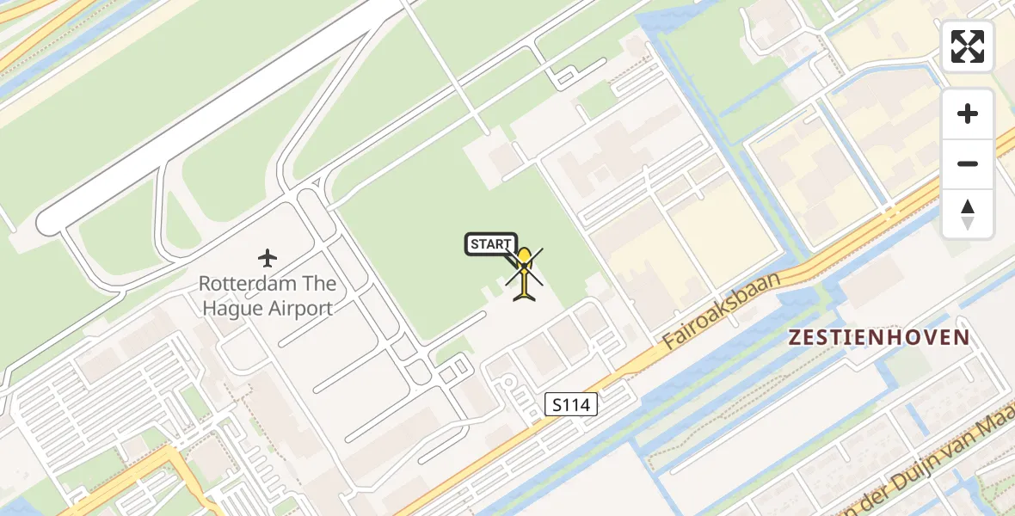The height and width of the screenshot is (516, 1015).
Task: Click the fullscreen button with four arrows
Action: [968, 46]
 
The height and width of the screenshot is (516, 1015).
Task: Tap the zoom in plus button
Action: [968, 114]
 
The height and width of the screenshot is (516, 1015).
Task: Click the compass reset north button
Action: [968, 213]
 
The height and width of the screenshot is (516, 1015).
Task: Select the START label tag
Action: [490, 244]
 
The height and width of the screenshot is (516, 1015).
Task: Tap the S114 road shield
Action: [571, 404]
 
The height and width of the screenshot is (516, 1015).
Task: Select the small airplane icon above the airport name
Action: [268, 257]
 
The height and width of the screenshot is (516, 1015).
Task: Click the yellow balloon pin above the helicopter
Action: [524, 257]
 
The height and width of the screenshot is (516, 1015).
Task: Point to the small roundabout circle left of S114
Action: [508, 384]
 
